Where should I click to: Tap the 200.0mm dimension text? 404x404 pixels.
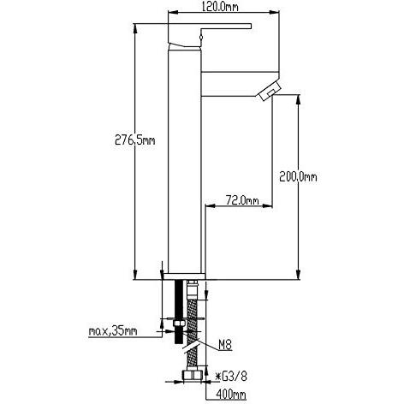click(x=298, y=177)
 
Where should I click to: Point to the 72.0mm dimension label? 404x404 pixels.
click(x=242, y=200)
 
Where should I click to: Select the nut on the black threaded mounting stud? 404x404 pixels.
click(x=173, y=326)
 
